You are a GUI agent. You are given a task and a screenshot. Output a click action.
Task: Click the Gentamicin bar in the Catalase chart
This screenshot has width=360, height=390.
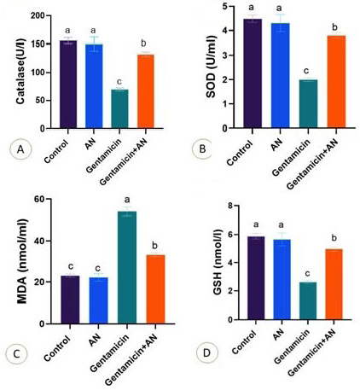119,109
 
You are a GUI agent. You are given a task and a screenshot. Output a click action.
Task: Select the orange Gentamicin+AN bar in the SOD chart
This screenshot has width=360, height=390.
336,82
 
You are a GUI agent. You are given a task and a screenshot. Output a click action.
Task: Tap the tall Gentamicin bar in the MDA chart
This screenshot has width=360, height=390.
127,267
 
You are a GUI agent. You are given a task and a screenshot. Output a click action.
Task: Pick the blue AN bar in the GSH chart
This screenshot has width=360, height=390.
282,280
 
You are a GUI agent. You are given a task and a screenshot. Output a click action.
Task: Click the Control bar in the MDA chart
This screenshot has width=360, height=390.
70,300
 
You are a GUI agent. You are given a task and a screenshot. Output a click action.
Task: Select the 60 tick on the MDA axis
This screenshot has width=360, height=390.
39,199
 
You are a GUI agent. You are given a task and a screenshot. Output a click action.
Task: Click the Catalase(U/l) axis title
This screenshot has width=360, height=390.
20,72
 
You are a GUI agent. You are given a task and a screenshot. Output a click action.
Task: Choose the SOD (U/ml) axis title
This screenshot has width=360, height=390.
211,67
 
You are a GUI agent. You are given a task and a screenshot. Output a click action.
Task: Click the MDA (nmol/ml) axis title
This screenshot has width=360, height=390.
22,262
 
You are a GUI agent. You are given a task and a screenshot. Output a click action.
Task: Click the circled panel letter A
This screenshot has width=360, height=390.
20,149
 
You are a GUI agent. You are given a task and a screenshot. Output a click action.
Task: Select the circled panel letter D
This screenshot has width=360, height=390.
206,353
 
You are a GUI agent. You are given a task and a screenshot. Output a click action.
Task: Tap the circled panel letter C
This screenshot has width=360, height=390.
17,354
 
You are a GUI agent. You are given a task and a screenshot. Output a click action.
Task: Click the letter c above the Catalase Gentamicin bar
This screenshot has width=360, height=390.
119,82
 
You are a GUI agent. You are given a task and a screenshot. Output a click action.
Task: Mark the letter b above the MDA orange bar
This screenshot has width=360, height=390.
155,245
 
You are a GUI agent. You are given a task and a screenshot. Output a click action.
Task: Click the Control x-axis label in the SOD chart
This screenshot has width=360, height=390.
240,153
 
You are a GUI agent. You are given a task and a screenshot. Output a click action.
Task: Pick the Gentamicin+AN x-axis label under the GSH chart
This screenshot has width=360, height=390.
312,351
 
